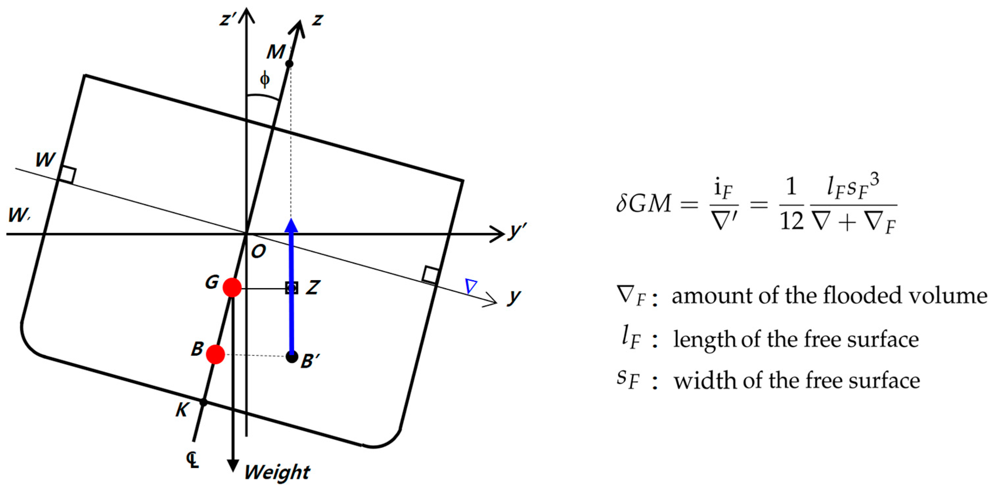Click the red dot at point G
coord(232,287)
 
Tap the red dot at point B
coord(215,354)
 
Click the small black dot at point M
coord(289,64)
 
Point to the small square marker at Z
coord(292,288)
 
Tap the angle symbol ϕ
coord(265,79)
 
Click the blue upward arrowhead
coord(291,226)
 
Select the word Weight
coord(277,472)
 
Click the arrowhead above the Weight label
coord(232,465)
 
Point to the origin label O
coord(258,252)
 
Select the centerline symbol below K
coord(193,460)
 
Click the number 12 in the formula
coord(791,222)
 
